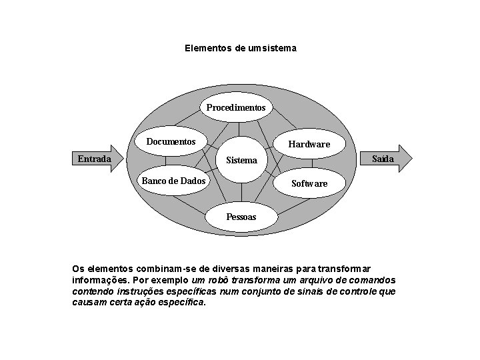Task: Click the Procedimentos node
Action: (235, 107)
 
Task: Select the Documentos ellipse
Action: (171, 142)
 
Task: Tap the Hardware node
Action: (309, 145)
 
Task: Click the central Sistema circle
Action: (241, 160)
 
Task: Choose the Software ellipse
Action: (309, 183)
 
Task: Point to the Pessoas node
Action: (241, 217)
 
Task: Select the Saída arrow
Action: (385, 159)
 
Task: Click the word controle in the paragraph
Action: (360, 291)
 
